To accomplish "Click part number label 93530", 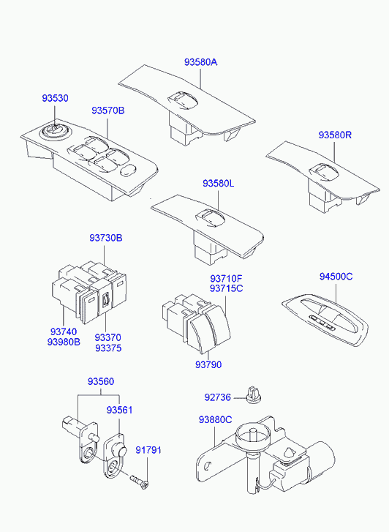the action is coord(55,98).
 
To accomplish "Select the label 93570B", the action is coord(107,110).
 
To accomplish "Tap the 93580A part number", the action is coord(201,62).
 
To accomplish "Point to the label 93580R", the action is coord(335,135).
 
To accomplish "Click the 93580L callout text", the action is coord(219,183).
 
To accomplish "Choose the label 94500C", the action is coord(336,277).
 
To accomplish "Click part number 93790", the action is coord(208,364).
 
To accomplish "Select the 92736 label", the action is coord(217,397).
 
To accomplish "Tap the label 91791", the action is coord(148,450).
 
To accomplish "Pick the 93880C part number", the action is coord(216,420).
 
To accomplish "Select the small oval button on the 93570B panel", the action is coord(129,171).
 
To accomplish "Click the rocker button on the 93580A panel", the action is coord(182,100).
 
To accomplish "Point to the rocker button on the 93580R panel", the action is coord(325,171).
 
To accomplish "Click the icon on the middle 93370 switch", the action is coord(106,299).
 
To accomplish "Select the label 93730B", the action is coord(106,238).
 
